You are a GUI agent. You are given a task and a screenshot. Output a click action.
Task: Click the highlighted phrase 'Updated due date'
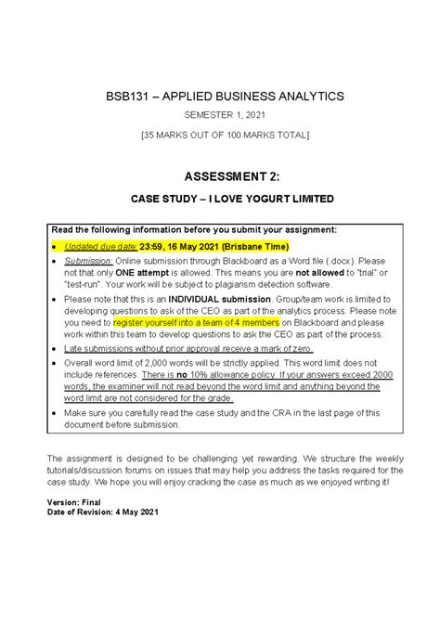[x=100, y=246]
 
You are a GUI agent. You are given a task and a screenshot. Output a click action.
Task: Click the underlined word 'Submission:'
[x=87, y=263]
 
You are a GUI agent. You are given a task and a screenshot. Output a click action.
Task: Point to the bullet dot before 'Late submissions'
[x=54, y=363]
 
